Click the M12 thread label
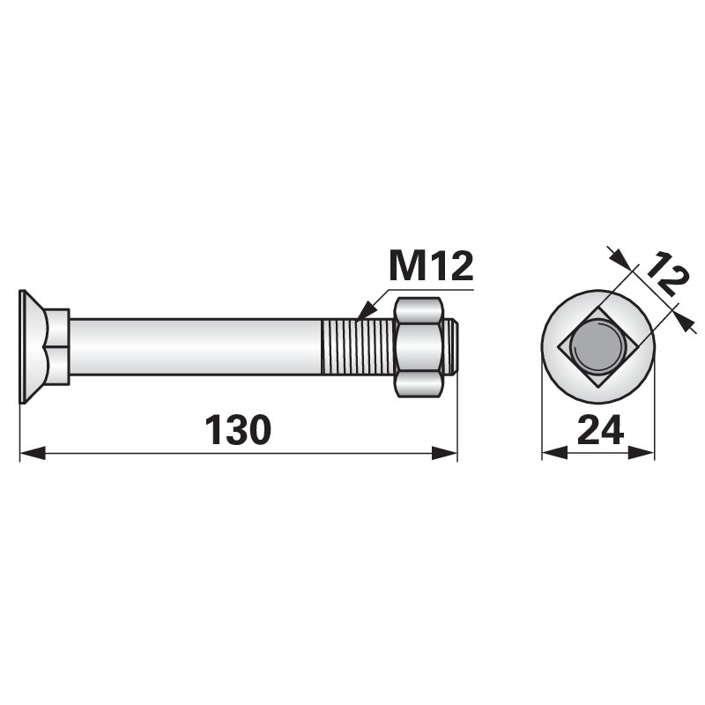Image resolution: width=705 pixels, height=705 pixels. tap(432, 266)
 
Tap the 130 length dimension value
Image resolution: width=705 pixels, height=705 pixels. tap(238, 430)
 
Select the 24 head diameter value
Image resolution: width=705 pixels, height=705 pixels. tap(600, 429)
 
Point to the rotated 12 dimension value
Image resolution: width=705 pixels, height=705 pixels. tap(664, 275)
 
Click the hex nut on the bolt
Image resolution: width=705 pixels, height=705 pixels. tap(417, 346)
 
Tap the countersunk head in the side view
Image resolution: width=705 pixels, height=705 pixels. tap(33, 346)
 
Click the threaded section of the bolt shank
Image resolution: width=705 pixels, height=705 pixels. tap(358, 346)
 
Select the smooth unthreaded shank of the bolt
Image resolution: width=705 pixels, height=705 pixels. tap(196, 346)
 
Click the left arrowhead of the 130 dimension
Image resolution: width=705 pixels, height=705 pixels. tap(33, 453)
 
